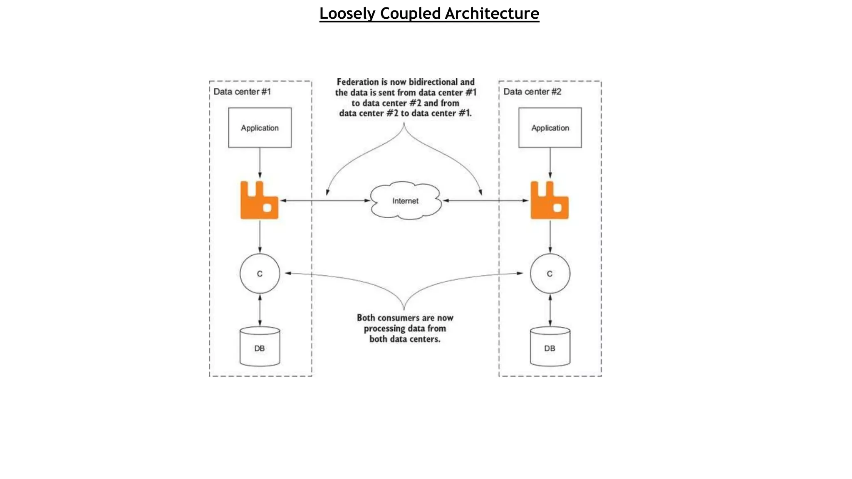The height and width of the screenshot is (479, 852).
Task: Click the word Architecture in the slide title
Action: [492, 13]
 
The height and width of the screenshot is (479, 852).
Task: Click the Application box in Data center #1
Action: [260, 128]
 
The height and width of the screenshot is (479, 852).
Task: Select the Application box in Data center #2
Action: [550, 128]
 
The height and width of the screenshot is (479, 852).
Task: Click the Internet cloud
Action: [405, 201]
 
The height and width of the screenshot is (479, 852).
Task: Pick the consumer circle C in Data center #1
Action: [260, 274]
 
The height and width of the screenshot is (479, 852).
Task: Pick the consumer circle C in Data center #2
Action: [550, 274]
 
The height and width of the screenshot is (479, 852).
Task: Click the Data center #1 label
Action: [242, 91]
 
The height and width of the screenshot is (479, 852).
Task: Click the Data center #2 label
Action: [532, 91]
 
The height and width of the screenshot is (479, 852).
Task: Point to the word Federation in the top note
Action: [358, 82]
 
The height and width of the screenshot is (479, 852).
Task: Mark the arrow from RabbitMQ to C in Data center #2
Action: [550, 236]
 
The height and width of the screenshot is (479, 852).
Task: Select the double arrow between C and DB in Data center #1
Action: [260, 310]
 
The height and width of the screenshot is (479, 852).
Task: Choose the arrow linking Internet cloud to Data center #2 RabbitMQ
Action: [485, 200]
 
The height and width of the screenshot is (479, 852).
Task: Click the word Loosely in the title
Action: [347, 13]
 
